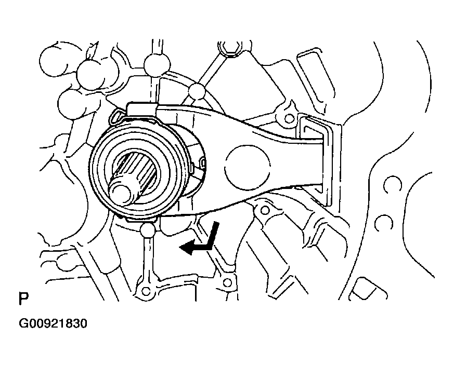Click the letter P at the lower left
pos(23,299)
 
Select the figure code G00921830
pos(53,323)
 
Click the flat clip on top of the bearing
pos(141,108)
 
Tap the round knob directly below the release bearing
pos(147,229)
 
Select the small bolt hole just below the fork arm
pos(264,210)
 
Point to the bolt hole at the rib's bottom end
pos(146,289)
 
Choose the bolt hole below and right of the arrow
pos(226,282)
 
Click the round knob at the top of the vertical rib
pos(156,65)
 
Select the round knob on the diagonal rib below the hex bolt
pos(198,91)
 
